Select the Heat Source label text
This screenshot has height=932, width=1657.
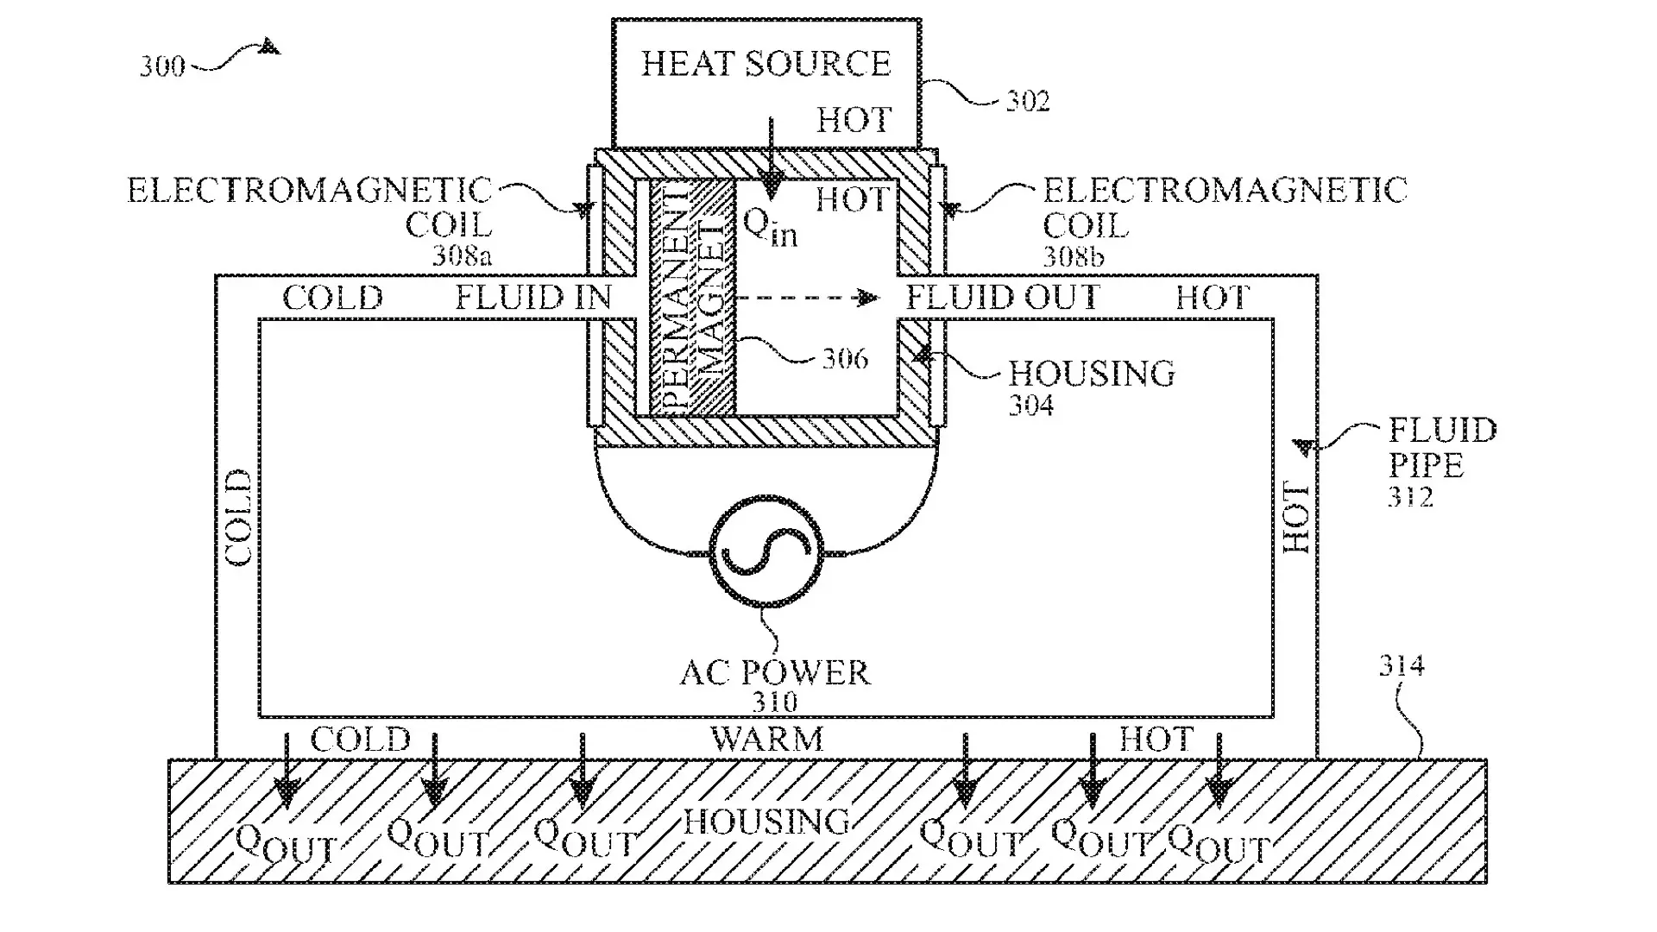click(765, 64)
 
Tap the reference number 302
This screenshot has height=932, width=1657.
click(1028, 102)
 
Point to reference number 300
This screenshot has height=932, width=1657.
click(162, 66)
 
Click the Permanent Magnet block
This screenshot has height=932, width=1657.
click(691, 298)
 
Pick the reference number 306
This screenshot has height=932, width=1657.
click(844, 358)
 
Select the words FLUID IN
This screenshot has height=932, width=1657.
click(532, 299)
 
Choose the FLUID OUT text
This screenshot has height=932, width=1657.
click(1003, 299)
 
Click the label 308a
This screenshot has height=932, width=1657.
click(462, 256)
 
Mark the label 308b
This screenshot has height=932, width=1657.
click(1073, 256)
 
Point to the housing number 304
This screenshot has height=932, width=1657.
click(1031, 405)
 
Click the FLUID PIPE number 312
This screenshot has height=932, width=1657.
click(1410, 497)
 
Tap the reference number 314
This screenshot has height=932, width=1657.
click(1401, 665)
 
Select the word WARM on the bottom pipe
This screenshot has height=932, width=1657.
click(766, 740)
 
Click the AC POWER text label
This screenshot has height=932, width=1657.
click(774, 673)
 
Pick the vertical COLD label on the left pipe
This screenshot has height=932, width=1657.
click(238, 518)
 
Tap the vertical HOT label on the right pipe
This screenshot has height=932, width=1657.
click(1297, 518)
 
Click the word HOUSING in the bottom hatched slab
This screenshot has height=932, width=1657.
click(766, 822)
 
